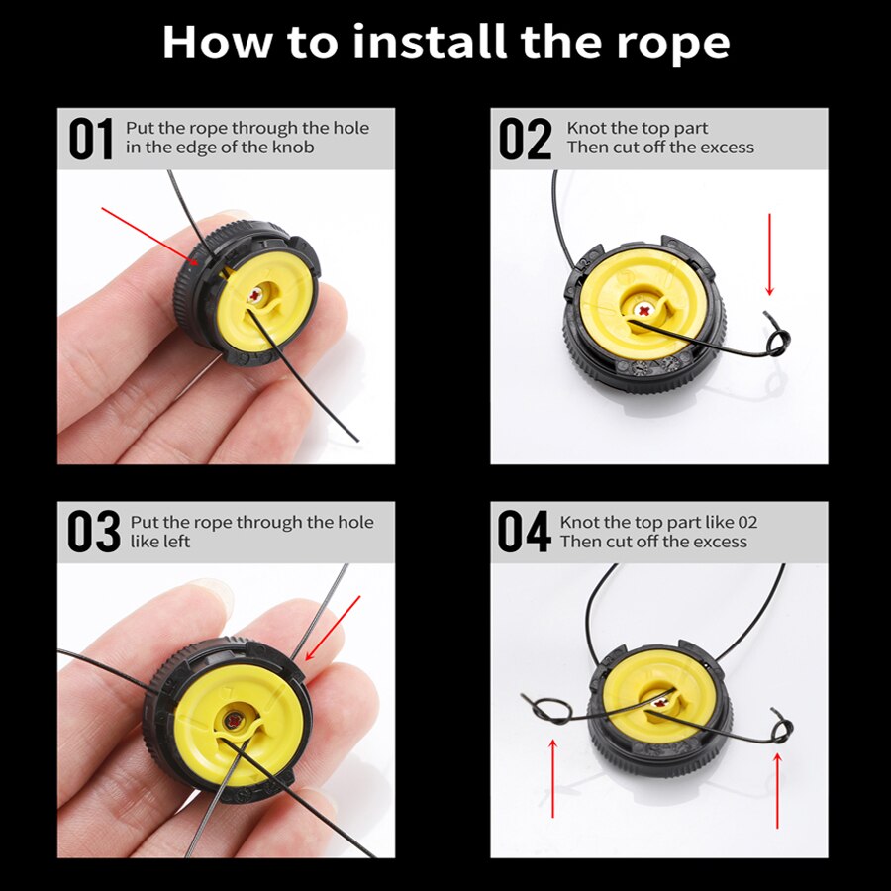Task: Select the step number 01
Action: (x=91, y=139)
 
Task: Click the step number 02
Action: (x=525, y=139)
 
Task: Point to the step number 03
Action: (x=94, y=532)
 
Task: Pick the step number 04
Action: (x=524, y=532)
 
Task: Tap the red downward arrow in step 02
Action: (x=770, y=254)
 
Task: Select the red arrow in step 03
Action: (x=333, y=628)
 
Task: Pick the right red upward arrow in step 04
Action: (x=777, y=790)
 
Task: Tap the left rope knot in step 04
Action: (x=546, y=710)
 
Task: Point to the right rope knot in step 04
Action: (x=781, y=727)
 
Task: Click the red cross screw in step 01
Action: (x=255, y=295)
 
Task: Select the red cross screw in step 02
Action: (x=644, y=310)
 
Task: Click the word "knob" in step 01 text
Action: (x=293, y=148)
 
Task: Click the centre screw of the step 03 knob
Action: (x=234, y=720)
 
